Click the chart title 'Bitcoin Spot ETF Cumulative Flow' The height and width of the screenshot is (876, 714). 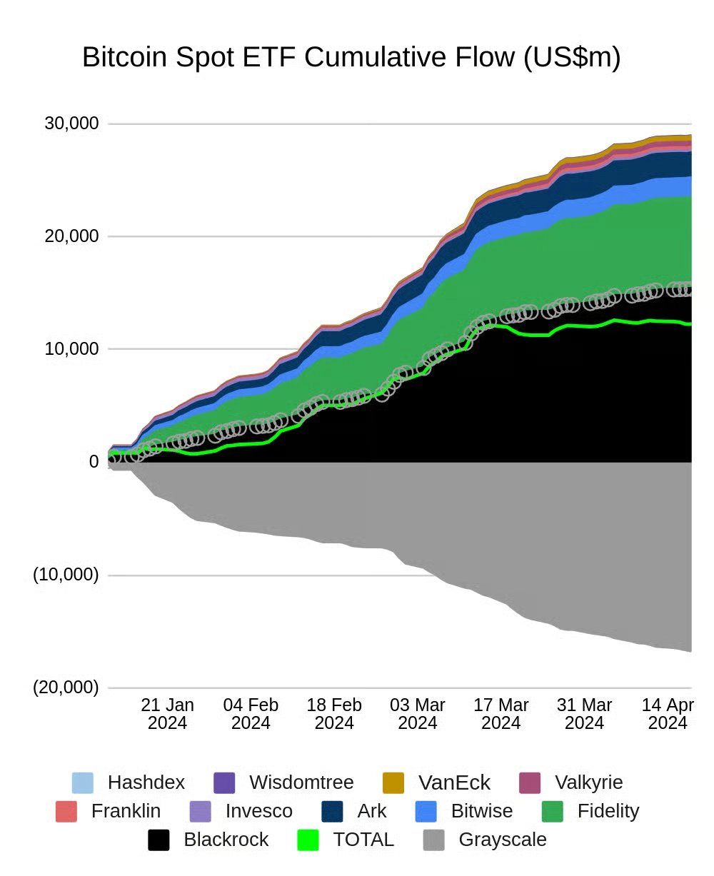[351, 57]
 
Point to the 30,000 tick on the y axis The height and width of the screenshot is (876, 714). [71, 124]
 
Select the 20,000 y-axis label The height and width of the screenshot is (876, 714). [71, 236]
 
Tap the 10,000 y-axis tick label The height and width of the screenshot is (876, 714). [71, 349]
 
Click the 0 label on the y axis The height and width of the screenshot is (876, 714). [93, 462]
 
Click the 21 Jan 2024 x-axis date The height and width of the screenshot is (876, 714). [167, 714]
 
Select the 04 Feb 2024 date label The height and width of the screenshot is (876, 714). [251, 714]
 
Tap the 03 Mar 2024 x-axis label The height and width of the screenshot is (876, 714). [417, 714]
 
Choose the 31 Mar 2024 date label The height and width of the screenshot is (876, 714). [584, 714]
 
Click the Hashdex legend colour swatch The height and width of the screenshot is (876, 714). [83, 782]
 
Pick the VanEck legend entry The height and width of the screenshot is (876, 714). [454, 782]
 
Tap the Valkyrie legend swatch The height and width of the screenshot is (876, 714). [529, 782]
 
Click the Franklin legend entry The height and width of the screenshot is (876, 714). [126, 811]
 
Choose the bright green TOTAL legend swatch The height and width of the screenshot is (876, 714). [308, 840]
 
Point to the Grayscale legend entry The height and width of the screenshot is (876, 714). [502, 840]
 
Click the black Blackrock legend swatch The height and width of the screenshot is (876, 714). [159, 840]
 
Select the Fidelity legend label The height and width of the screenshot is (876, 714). [608, 811]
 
